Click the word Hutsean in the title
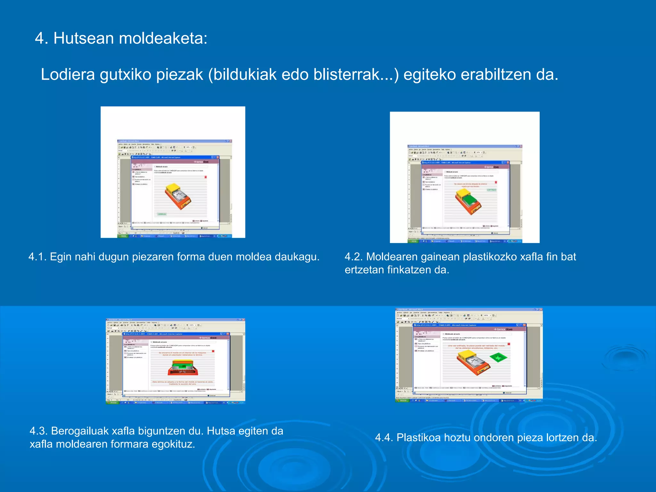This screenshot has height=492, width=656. [x=84, y=38]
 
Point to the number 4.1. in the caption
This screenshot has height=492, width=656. [x=37, y=257]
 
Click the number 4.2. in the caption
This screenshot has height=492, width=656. [x=354, y=257]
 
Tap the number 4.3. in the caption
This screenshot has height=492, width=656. [x=39, y=431]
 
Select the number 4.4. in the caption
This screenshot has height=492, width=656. [x=384, y=438]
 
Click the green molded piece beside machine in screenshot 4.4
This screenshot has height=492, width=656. [x=498, y=357]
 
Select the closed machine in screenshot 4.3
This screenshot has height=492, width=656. [x=183, y=368]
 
